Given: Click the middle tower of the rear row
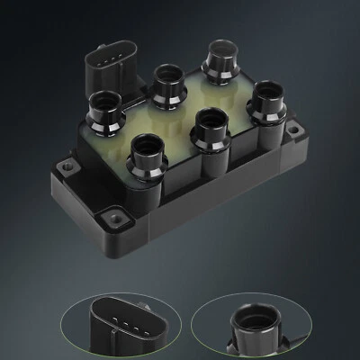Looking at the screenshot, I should click(x=164, y=84).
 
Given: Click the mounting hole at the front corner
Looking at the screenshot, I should click(x=113, y=216).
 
